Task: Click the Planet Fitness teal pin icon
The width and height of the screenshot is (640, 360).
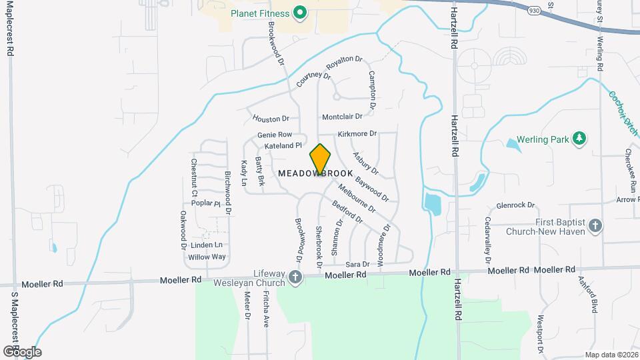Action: [x=300, y=13]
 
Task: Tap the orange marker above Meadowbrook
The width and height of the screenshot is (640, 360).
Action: [x=321, y=160]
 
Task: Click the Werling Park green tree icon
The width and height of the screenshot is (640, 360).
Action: [x=581, y=138]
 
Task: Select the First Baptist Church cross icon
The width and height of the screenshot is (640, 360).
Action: [x=595, y=227]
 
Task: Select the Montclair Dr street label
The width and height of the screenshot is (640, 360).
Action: [x=341, y=117]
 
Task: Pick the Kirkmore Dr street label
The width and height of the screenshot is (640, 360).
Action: [x=357, y=134]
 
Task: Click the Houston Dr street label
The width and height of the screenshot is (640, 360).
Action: [x=271, y=119]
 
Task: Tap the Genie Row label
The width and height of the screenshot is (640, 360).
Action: [x=275, y=135]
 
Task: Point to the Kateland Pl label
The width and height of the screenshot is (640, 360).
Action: [x=283, y=145]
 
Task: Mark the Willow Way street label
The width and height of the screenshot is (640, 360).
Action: [x=207, y=257]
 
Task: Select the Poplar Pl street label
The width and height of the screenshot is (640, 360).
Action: [x=205, y=203]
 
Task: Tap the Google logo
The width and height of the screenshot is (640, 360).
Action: [x=22, y=351]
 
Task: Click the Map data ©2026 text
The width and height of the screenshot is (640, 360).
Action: [x=611, y=355]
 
